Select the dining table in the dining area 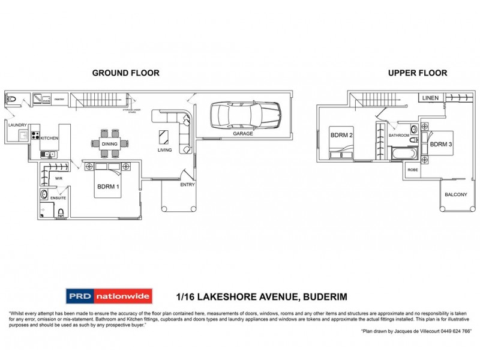[110, 143]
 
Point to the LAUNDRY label [17, 125]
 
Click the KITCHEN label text [49, 139]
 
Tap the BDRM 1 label [109, 186]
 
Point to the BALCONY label [455, 194]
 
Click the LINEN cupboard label [430, 98]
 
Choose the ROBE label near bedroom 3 [413, 170]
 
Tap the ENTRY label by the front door [187, 185]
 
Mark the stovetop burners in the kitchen [35, 136]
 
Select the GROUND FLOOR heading [125, 73]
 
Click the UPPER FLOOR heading [417, 73]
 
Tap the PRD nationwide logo [109, 296]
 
